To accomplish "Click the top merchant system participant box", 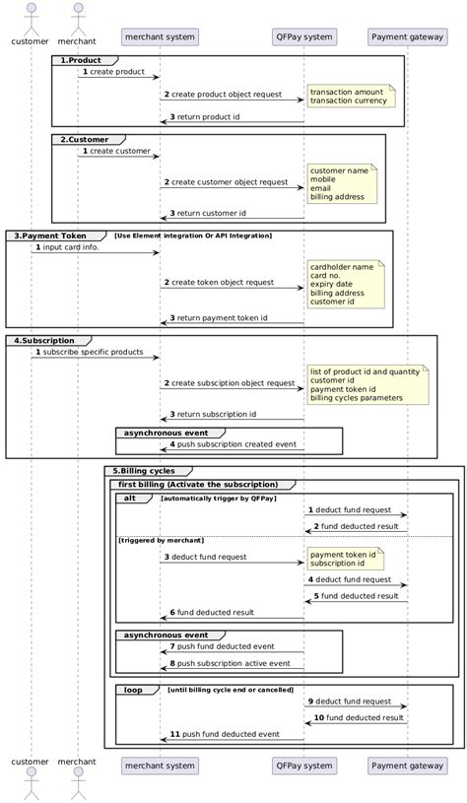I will click(x=160, y=37).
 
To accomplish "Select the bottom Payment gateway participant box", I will click(x=407, y=765).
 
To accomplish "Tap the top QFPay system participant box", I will click(x=304, y=37).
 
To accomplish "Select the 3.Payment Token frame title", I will click(x=54, y=235).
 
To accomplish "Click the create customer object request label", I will click(x=230, y=182).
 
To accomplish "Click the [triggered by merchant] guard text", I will click(x=162, y=540).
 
